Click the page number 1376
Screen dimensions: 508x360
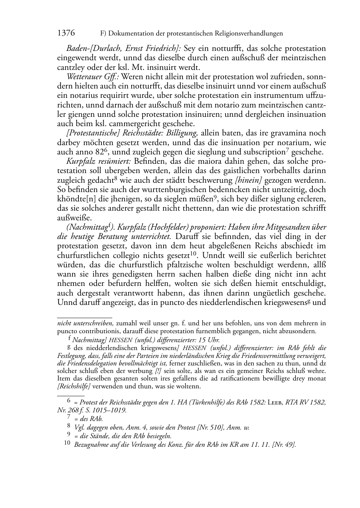click(x=66, y=33)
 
